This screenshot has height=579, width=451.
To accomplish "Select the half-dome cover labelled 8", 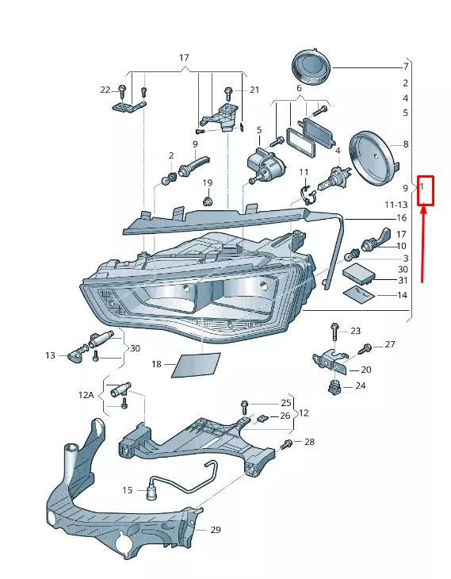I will coord(374,159).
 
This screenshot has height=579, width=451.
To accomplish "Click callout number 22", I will coord(105,90).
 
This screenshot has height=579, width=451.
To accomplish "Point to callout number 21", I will coord(254,90).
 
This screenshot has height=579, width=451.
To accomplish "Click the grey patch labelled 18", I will coord(197,365).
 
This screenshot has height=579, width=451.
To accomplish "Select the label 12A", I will coord(86,394).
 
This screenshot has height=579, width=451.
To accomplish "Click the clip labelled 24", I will coord(334,387).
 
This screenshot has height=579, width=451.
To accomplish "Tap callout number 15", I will coord(127,491).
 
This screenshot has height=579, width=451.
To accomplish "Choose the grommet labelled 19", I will coord(208,202).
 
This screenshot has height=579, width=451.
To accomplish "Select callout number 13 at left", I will coord(51,356).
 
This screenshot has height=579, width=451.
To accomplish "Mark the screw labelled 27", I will coord(366,348).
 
